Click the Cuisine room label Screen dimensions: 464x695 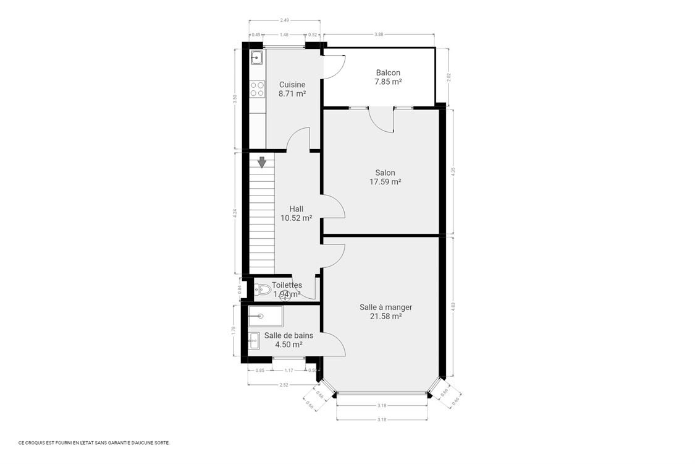pos(292,85)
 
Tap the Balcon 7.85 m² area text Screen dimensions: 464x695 pos(388,82)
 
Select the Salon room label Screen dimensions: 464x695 pos(385,173)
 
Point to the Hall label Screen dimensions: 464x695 pos(296,209)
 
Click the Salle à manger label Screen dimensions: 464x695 pos(385,307)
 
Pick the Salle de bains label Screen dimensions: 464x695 pos(289,335)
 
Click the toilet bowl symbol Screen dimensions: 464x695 pos(263,289)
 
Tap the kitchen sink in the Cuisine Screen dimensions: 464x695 pos(257,58)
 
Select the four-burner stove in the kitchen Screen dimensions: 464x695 pos(257,89)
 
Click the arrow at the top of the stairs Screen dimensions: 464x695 pos(262,162)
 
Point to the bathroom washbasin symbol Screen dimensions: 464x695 pos(254,339)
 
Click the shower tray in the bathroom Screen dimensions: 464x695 pos(265,316)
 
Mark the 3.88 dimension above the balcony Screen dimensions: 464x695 pos(379,35)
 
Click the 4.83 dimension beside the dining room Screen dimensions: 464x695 pos(453,306)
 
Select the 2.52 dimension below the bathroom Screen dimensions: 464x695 pos(284,385)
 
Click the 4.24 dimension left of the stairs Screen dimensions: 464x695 pos(235,213)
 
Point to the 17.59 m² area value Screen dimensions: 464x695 pos(385,182)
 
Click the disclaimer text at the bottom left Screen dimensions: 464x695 pos(94,443)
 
